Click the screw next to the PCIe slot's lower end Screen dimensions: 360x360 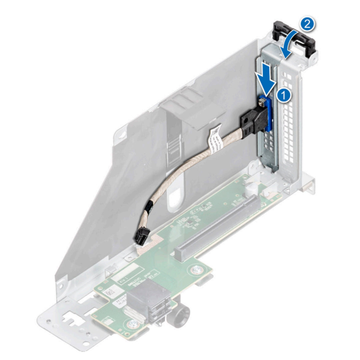pyautogui.click(x=195, y=270)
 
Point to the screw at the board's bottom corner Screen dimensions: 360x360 pyautogui.click(x=134, y=323)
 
